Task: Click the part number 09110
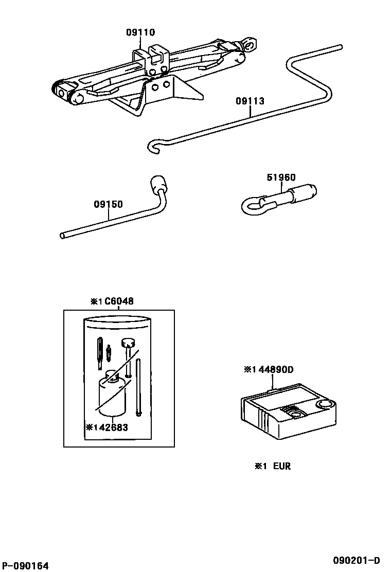[140, 32]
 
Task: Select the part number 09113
[250, 101]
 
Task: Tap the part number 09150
[108, 204]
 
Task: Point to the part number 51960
[281, 177]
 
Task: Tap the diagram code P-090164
[25, 566]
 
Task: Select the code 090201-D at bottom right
[356, 560]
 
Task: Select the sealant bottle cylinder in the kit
[111, 394]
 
